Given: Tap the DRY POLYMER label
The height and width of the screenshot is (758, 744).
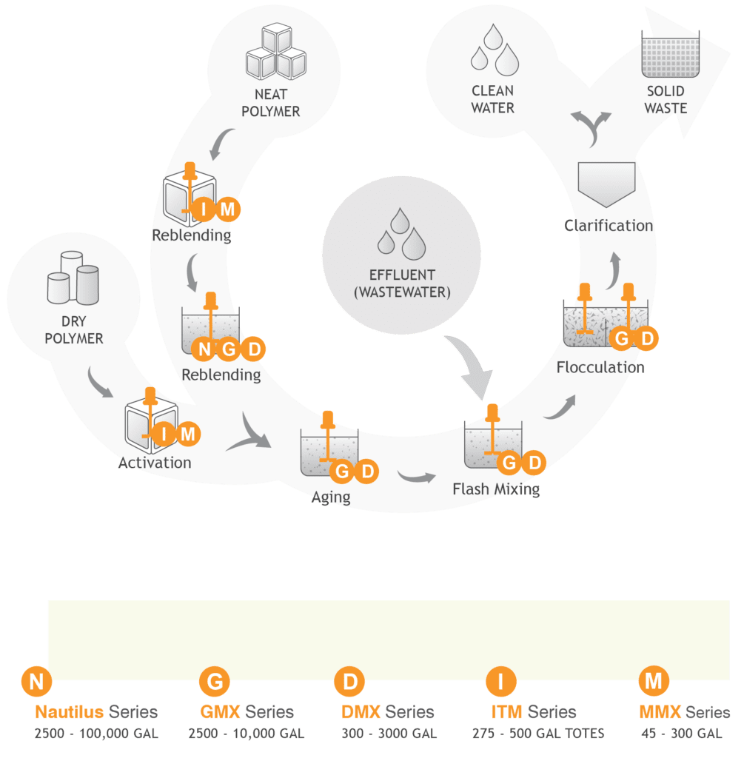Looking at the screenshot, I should tap(74, 330).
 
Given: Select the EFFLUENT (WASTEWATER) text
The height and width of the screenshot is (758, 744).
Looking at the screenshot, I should tap(401, 284).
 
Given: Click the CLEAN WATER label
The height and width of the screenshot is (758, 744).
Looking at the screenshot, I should tap(493, 99).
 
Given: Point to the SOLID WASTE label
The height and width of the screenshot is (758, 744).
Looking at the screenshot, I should tap(666, 99).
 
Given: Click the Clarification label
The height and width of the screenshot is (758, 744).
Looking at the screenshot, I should tap(609, 226).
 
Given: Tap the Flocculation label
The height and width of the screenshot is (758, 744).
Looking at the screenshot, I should tap(600, 367).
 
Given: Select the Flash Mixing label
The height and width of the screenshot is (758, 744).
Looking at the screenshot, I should tap(496, 489).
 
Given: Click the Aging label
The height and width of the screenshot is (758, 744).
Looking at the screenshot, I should tap(331, 497).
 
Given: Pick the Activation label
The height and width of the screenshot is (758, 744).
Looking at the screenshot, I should tap(155, 463).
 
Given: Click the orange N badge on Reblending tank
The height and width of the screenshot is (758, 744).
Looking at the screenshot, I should tap(204, 349).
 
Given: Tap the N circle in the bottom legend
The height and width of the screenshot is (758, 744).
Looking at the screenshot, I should tap(35, 681).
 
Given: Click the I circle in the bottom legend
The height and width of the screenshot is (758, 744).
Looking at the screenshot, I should tap(500, 681).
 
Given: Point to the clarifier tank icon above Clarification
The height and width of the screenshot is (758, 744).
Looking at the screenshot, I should tap(606, 184).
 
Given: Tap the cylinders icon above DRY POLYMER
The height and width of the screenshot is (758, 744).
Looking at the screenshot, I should tap(73, 278).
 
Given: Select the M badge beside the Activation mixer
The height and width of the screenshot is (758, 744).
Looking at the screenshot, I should tap(187, 434).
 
